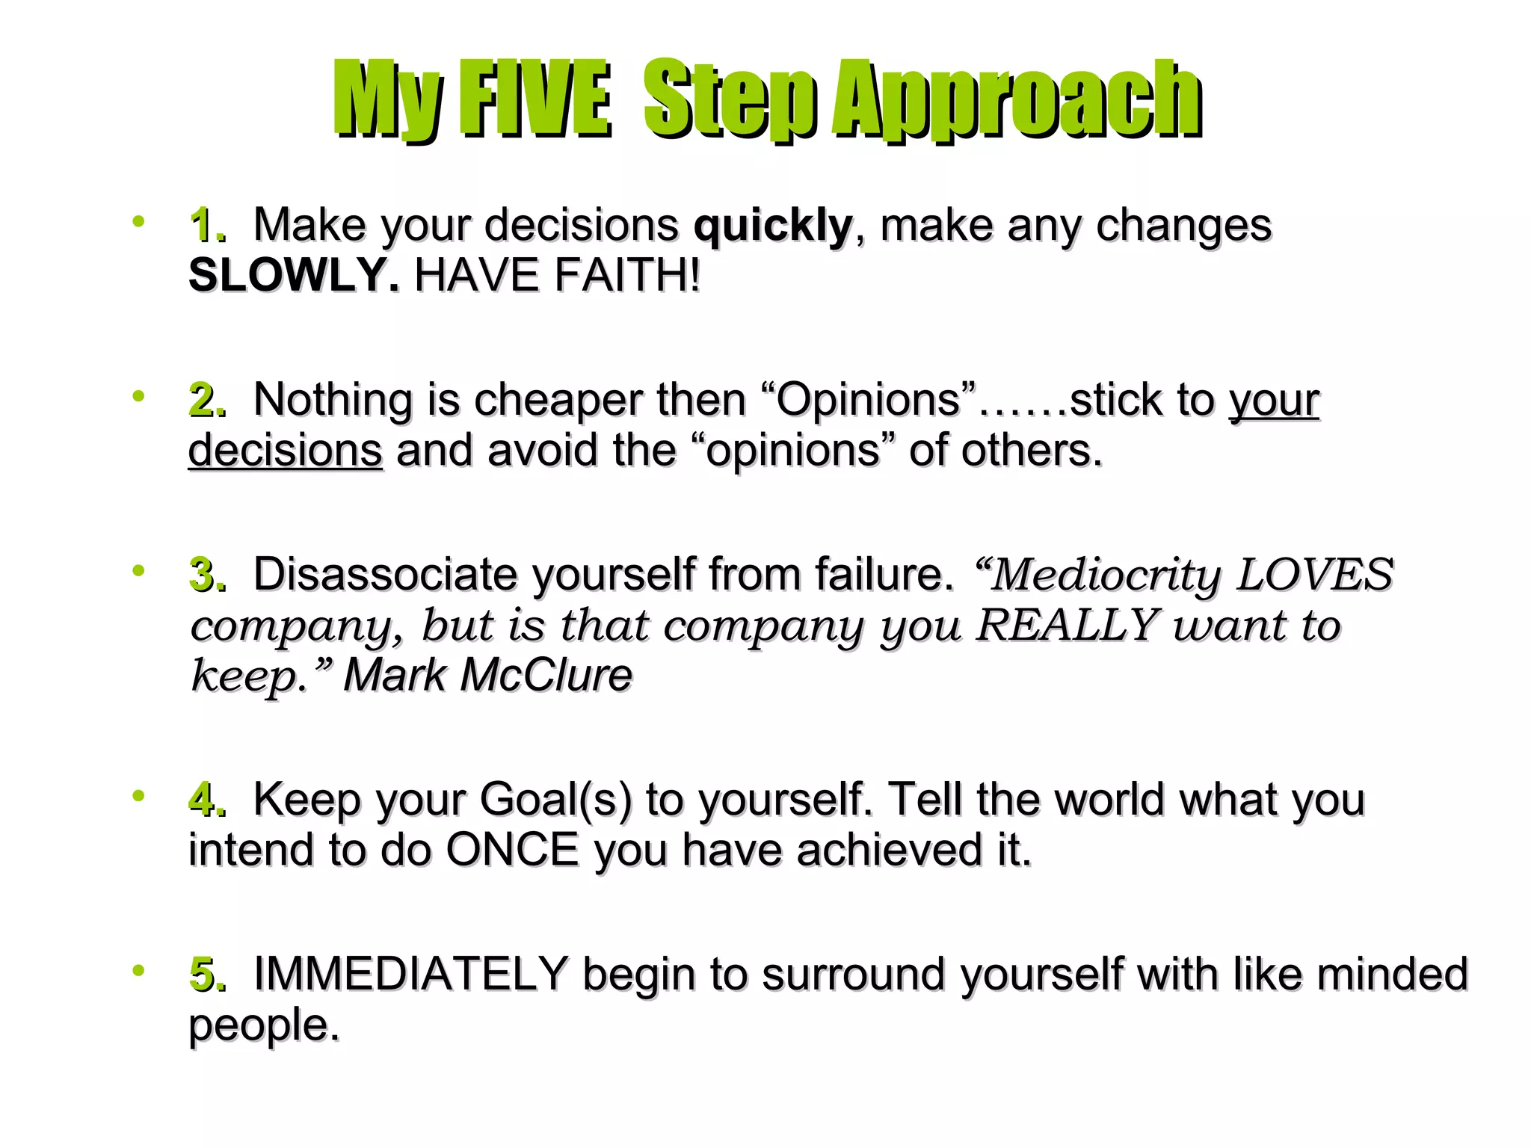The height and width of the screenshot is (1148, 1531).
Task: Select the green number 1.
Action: [205, 225]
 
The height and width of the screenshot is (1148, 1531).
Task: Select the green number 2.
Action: [205, 400]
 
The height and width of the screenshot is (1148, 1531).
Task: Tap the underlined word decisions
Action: [286, 451]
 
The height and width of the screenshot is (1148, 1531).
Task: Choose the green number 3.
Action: [205, 575]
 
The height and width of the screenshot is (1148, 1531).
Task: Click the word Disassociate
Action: [384, 575]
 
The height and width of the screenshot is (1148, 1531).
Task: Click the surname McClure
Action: [546, 676]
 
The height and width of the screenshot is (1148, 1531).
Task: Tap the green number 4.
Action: [205, 800]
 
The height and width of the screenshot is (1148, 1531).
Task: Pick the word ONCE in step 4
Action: [513, 851]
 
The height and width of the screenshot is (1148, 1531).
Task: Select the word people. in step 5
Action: [263, 1025]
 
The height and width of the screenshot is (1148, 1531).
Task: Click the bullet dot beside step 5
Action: [138, 971]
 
